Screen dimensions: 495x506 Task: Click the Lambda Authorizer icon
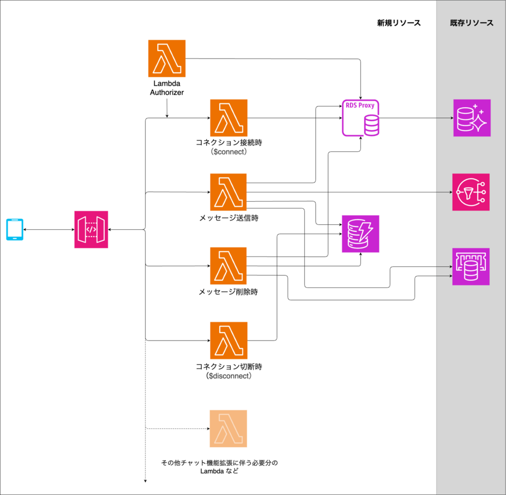(167, 58)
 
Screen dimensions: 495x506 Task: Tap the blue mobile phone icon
(15, 229)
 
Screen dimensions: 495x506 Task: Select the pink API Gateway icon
(91, 229)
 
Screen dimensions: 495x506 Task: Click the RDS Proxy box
(360, 118)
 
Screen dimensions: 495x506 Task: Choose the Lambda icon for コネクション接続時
(228, 118)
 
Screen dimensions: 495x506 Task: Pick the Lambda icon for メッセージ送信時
(228, 192)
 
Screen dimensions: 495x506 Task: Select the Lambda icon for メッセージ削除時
(228, 266)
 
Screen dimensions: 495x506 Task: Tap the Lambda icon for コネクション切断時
(228, 340)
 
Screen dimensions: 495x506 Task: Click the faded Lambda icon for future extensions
(228, 429)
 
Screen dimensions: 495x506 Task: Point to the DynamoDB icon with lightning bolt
(360, 234)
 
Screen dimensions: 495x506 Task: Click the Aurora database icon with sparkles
(472, 118)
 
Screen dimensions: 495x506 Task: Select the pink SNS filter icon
(471, 192)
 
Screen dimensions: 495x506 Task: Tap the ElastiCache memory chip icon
(471, 267)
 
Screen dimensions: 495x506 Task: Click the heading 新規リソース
(399, 23)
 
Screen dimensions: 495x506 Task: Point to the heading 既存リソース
(471, 23)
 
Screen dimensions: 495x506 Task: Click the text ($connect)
(228, 152)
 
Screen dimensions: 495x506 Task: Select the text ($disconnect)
(228, 376)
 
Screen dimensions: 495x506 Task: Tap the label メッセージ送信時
(228, 218)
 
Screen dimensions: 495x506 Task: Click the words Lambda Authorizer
(167, 88)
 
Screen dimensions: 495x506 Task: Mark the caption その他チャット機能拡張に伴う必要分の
(220, 463)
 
